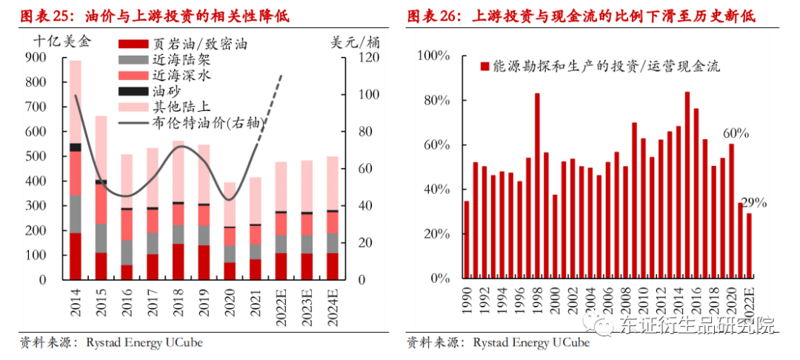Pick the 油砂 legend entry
coord(162,91)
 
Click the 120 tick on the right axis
coord(369,58)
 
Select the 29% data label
coord(753,202)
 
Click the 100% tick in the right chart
coord(433,56)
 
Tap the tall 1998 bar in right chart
coord(537,186)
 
